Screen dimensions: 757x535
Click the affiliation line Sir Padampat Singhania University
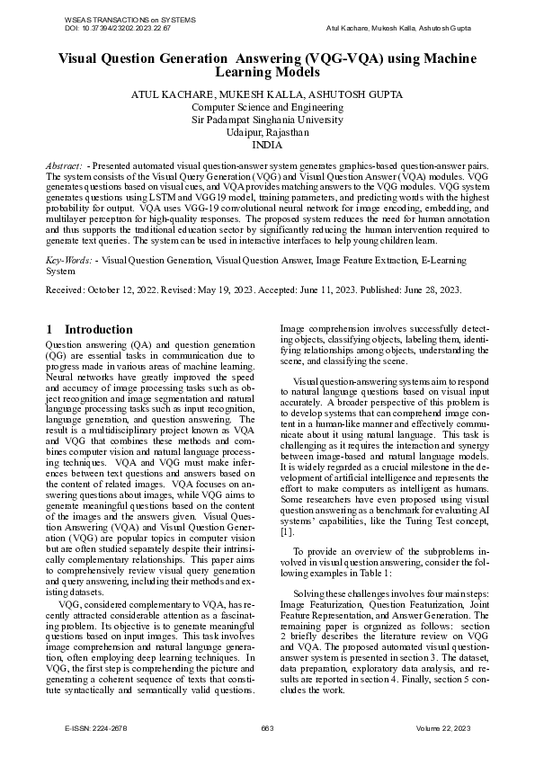point(267,119)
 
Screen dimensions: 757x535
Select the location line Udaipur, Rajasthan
point(267,131)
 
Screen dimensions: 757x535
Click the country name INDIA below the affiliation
point(267,144)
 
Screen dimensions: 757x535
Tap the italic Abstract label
point(65,167)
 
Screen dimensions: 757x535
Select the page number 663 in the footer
point(267,726)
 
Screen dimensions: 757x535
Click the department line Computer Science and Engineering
point(267,106)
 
